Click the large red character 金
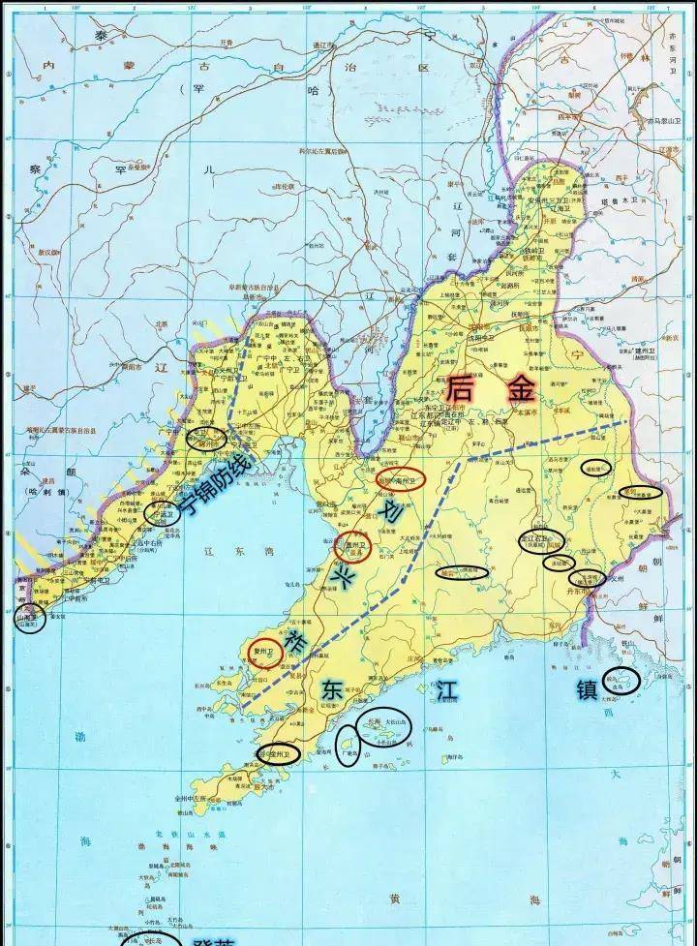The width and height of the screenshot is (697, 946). click(x=521, y=389)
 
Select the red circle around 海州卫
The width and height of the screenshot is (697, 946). click(x=400, y=479)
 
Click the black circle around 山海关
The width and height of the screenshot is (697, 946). click(x=28, y=618)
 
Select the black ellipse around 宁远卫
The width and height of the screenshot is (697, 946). click(x=163, y=514)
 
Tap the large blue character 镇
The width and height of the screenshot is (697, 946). click(x=587, y=689)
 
